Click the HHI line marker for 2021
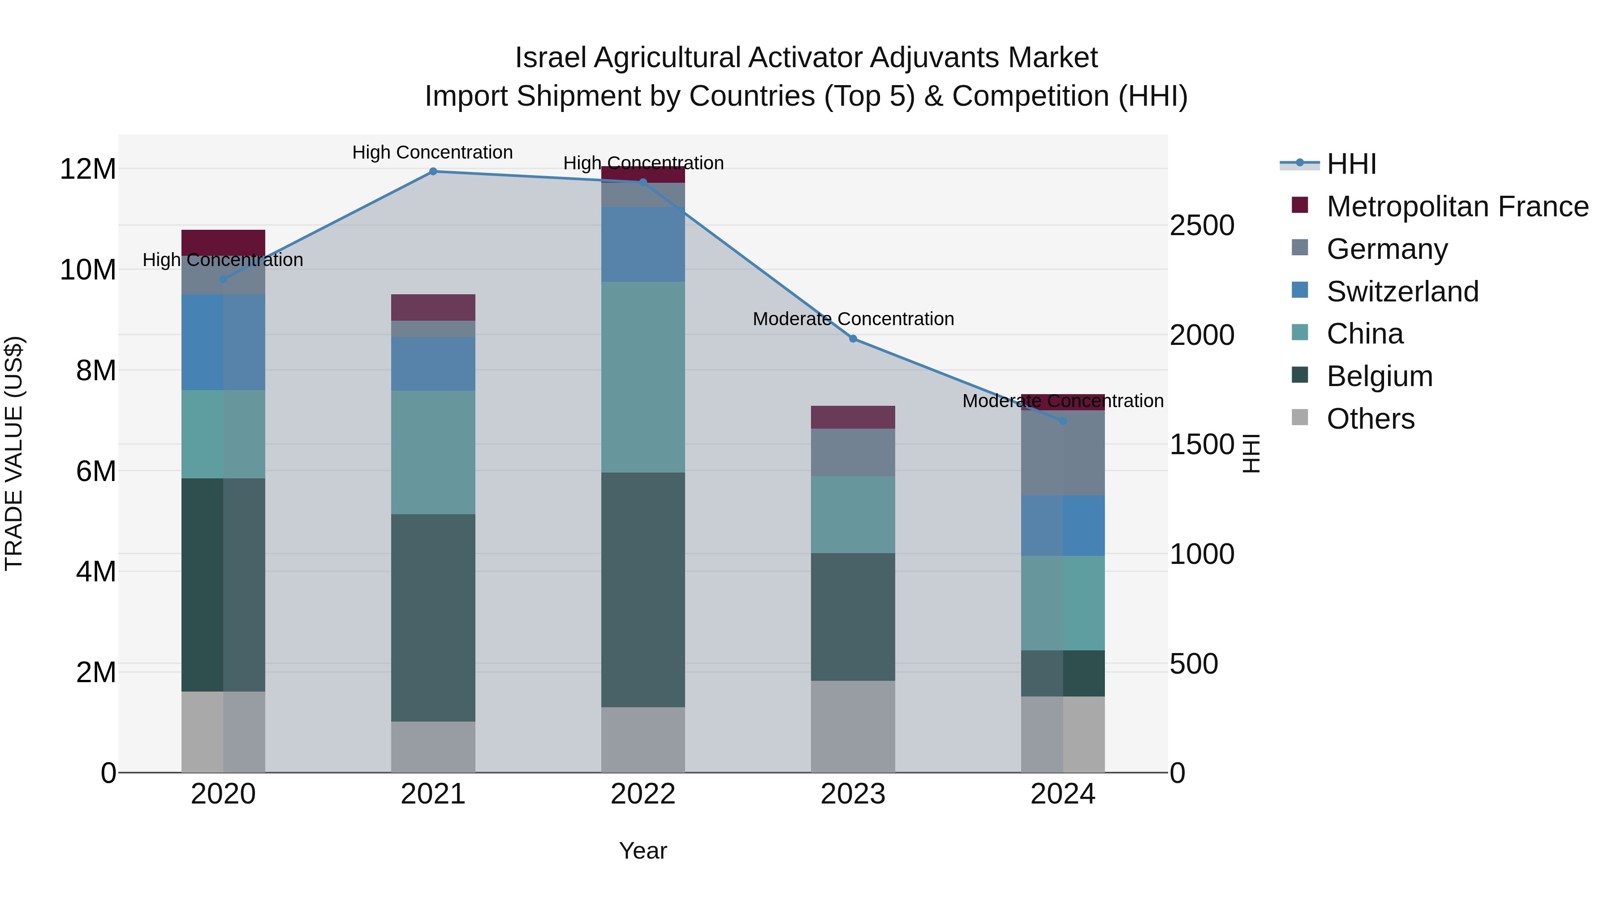[x=433, y=172]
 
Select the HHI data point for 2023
[x=853, y=339]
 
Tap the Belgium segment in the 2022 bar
[x=643, y=589]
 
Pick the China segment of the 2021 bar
[x=433, y=452]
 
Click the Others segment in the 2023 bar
[x=853, y=726]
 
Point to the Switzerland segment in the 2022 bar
[x=643, y=244]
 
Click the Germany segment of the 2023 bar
[x=853, y=452]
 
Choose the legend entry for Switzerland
[x=1402, y=292]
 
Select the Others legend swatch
[x=1300, y=417]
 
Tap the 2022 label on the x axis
[x=643, y=794]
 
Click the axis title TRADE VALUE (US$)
[x=14, y=453]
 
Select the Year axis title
[x=643, y=851]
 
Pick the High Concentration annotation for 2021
[x=433, y=153]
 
